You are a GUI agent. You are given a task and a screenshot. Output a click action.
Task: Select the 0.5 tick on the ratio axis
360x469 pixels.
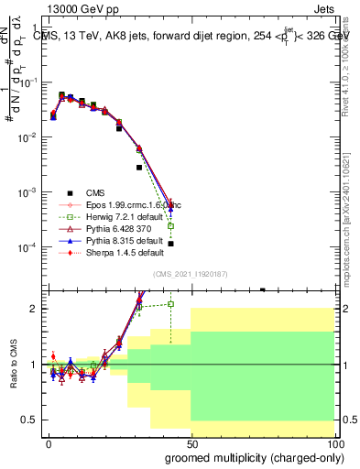(31, 420)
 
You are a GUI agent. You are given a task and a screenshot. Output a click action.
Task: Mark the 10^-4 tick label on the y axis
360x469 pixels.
(27, 248)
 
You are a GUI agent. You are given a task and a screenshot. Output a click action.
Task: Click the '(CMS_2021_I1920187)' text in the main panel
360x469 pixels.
(190, 274)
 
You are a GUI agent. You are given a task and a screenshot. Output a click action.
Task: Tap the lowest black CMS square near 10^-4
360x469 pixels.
(171, 244)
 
